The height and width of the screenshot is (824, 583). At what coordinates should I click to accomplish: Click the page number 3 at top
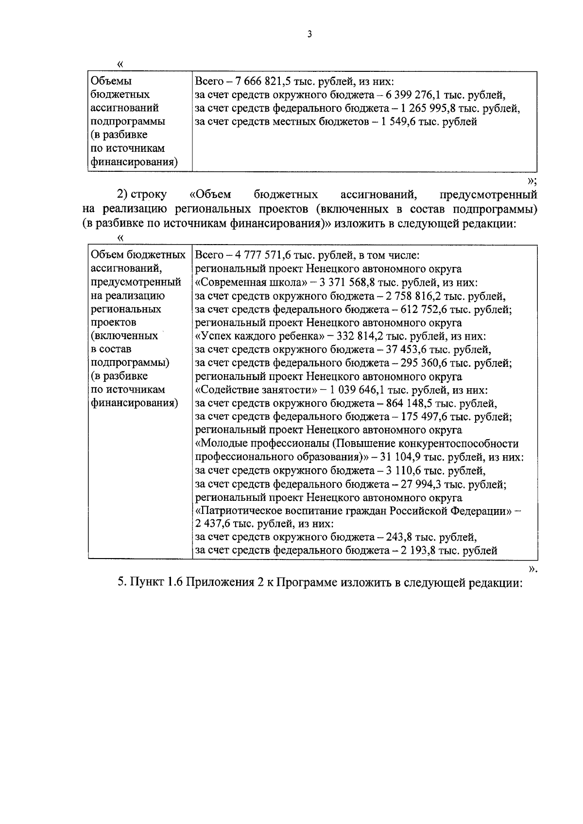pos(309,34)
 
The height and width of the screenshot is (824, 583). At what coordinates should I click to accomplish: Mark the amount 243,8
pos(402,537)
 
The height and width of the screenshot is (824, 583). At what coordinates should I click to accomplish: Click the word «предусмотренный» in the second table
pos(136,282)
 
